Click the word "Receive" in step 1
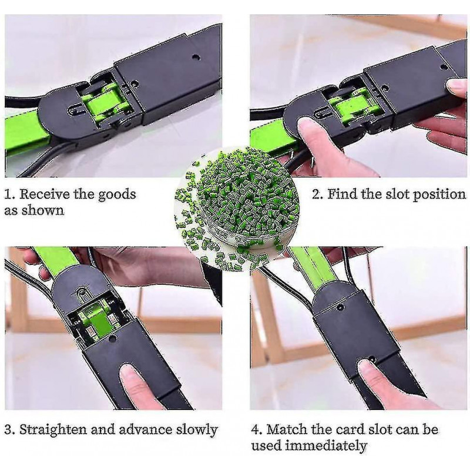pos(45,194)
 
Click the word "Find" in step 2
pos(343,194)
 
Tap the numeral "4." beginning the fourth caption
pos(257,430)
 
